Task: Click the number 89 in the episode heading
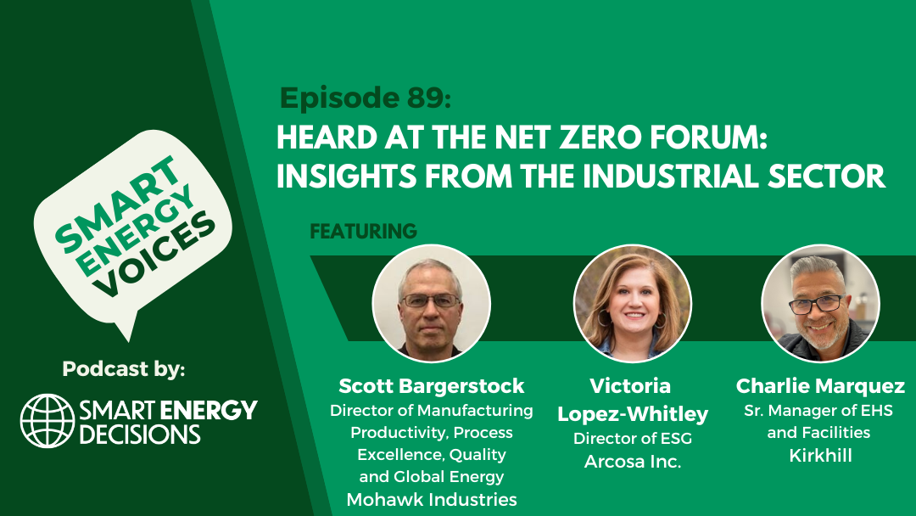pos(425,98)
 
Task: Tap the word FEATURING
pos(363,232)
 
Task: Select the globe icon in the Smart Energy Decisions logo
pos(47,421)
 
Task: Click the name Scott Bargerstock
pos(431,385)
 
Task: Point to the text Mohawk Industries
pos(432,500)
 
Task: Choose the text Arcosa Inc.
pos(633,462)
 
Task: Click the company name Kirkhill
pos(820,455)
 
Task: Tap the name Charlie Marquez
pos(820,385)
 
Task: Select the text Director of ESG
pos(633,438)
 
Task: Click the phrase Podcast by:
pos(124,368)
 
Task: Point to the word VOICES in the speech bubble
pos(155,254)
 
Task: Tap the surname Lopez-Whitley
pos(633,414)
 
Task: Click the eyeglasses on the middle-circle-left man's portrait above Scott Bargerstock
pos(431,301)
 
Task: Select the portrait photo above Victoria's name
pos(633,303)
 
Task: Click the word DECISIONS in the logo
pos(140,435)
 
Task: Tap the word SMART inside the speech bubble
pos(117,202)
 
